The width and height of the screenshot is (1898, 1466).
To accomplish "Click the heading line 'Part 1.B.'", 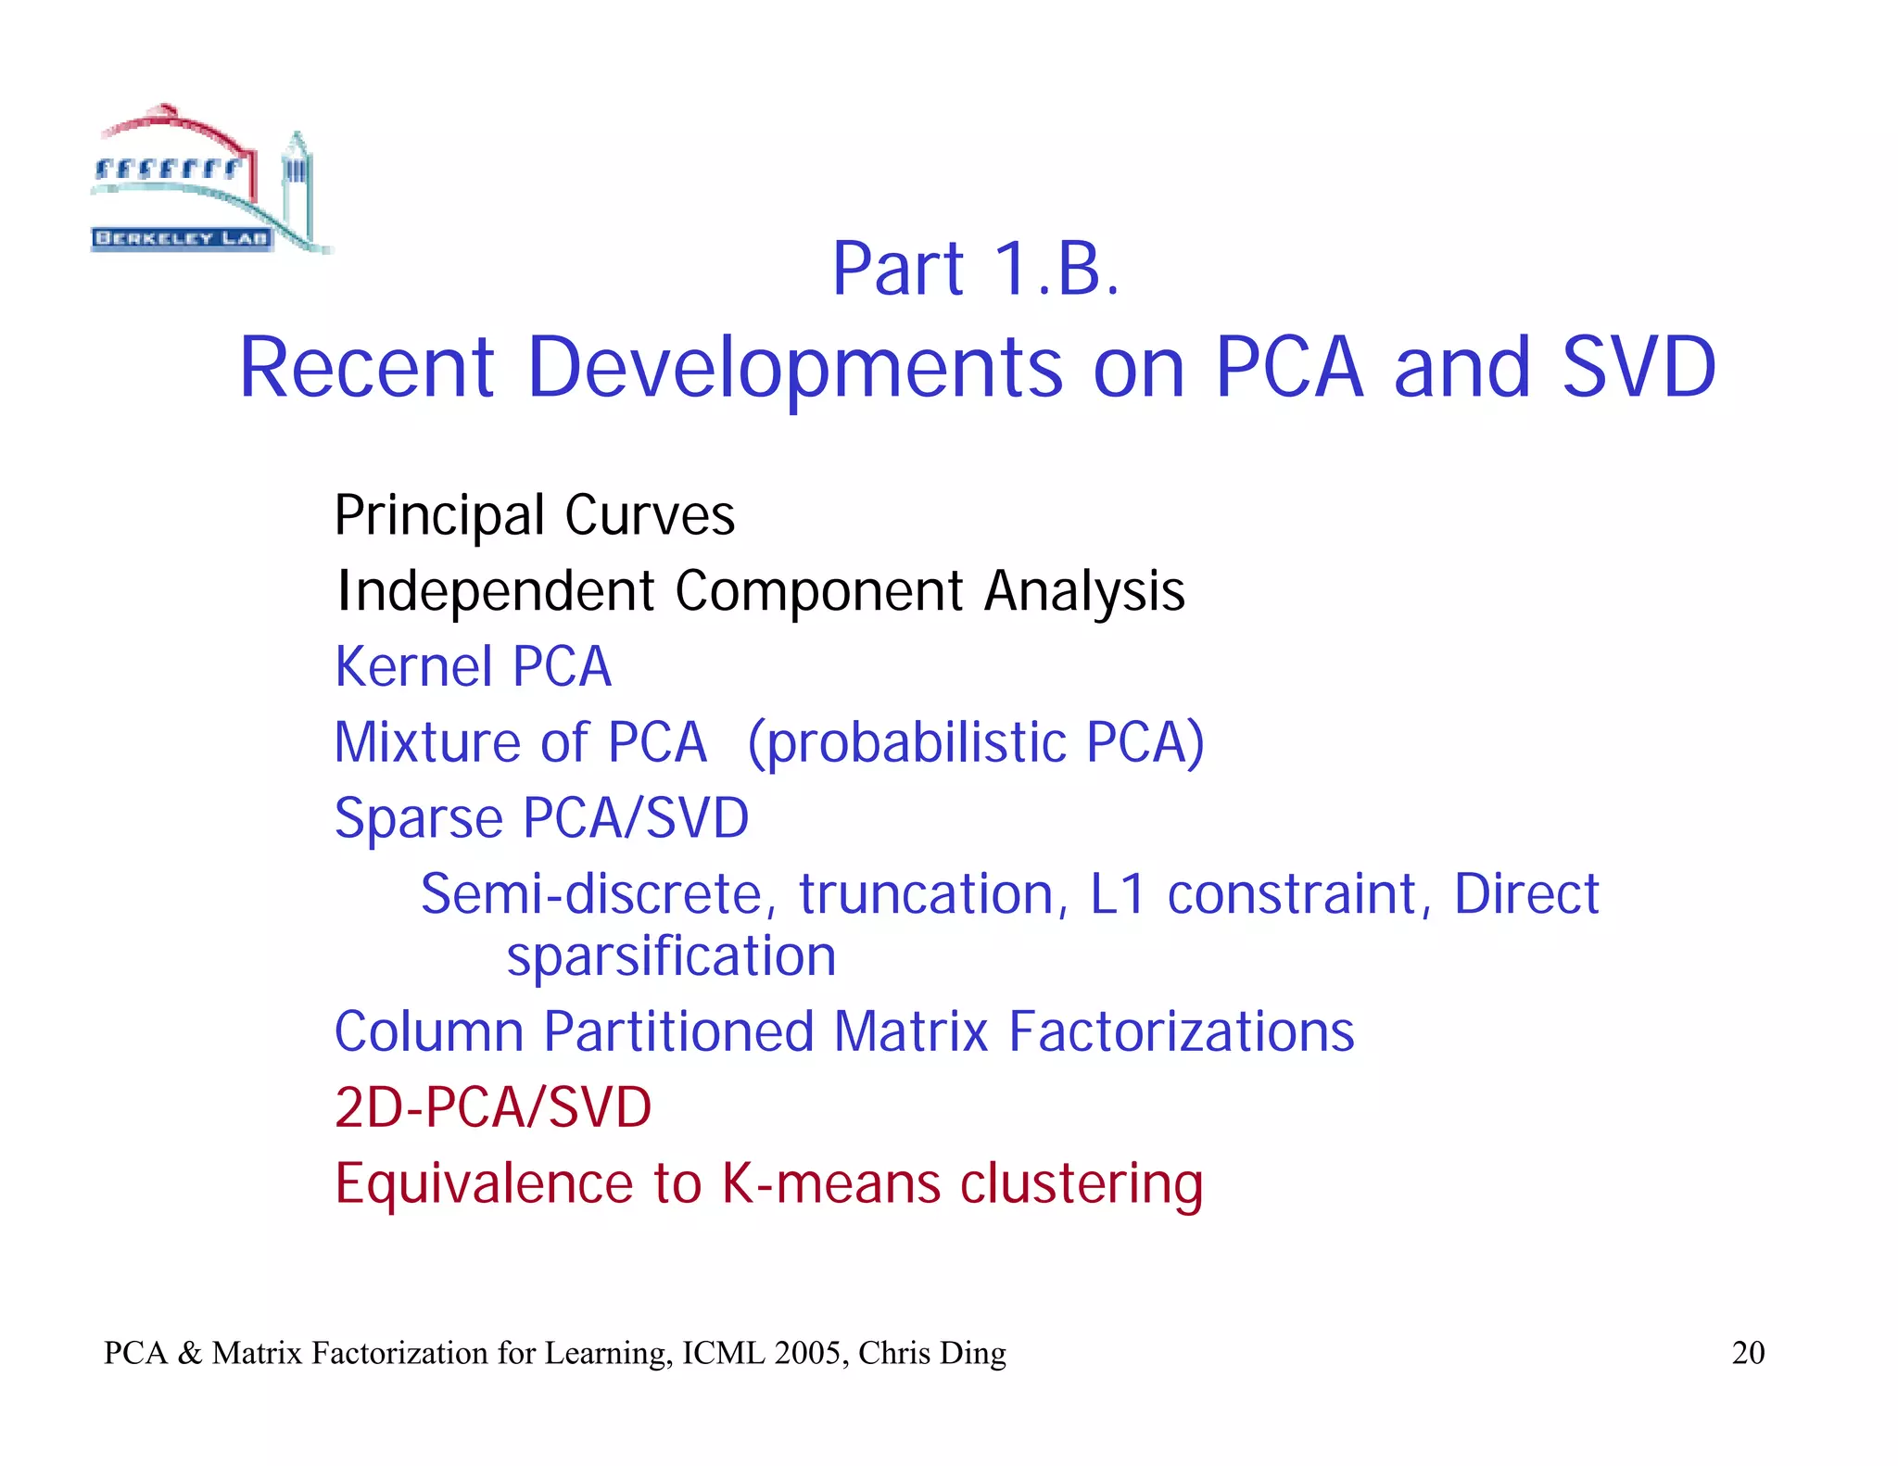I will coord(976,270).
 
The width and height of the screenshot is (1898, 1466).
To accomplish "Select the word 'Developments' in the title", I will coord(794,368).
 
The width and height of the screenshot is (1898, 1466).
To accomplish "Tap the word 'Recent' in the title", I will coord(366,368).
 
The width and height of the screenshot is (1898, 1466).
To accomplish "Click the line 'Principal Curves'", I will coord(534,515).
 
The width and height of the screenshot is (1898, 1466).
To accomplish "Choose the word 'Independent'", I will coord(496,591).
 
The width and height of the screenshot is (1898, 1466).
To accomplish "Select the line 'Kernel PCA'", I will coord(473,666).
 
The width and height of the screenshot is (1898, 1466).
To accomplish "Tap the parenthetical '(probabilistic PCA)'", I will coord(976,742).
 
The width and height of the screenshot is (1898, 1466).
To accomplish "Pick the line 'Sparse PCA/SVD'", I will coord(541,818).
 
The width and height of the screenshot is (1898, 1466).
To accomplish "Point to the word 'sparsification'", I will coord(671,956).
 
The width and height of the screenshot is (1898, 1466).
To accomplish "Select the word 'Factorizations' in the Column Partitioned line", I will coord(1181,1031).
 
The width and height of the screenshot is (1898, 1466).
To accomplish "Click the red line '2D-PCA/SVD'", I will coord(493,1107).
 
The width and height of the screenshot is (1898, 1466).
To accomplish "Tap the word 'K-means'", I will coord(831,1183).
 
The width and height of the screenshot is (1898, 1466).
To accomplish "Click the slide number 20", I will coord(1748,1353).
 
